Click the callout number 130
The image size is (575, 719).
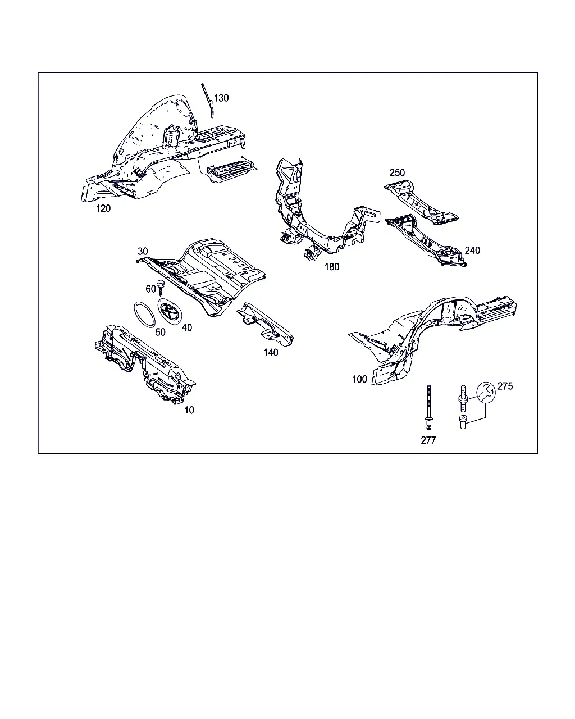(221, 98)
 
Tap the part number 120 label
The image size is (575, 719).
(103, 208)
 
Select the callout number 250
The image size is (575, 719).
(397, 173)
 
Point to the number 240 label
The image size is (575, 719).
(472, 251)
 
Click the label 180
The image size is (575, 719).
(332, 267)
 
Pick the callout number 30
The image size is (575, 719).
(143, 251)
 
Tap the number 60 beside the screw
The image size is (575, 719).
(150, 289)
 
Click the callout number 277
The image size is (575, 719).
(428, 440)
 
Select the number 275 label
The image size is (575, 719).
(505, 386)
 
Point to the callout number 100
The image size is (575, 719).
(359, 379)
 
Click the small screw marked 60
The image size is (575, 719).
(161, 288)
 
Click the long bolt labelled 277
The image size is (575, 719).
(428, 407)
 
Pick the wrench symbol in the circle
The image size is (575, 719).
(486, 392)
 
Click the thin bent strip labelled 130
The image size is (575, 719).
(208, 100)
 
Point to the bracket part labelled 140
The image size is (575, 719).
(265, 324)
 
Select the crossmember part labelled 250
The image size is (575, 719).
(421, 202)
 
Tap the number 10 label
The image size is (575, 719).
(189, 410)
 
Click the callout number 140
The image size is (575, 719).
(271, 353)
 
